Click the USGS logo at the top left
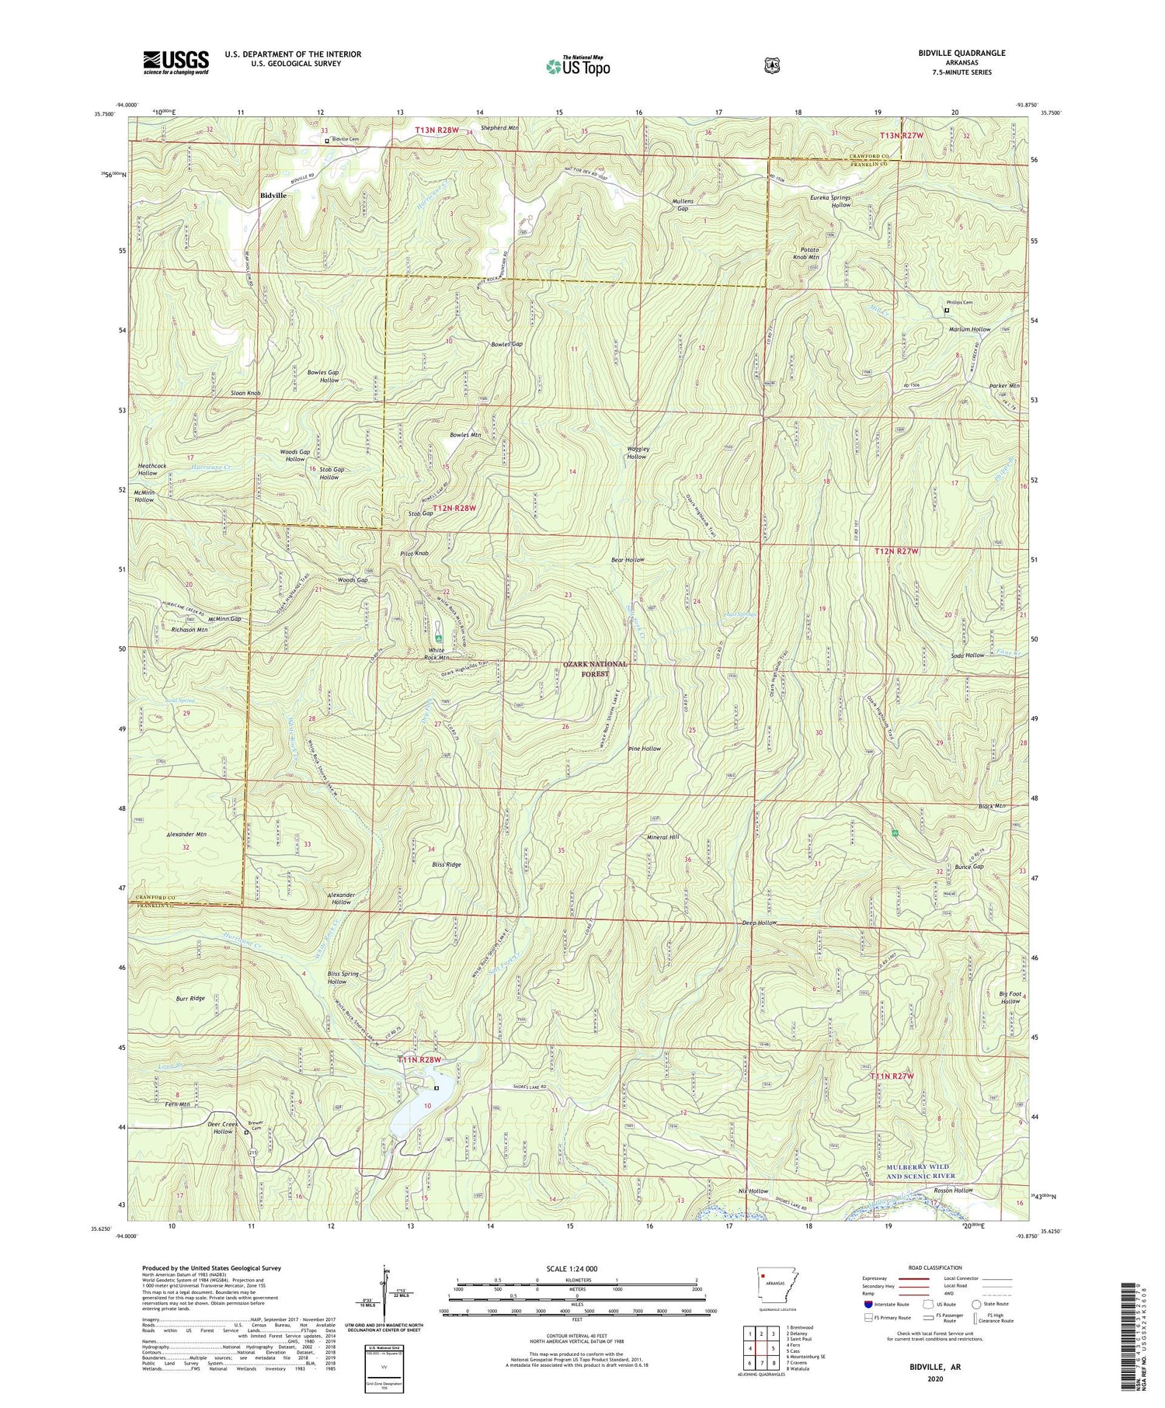(176, 62)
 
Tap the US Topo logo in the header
(578, 66)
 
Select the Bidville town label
(272, 196)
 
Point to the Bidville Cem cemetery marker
(327, 141)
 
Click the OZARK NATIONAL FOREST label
(596, 669)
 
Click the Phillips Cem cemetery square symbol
(946, 311)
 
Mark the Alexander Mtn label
(186, 834)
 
